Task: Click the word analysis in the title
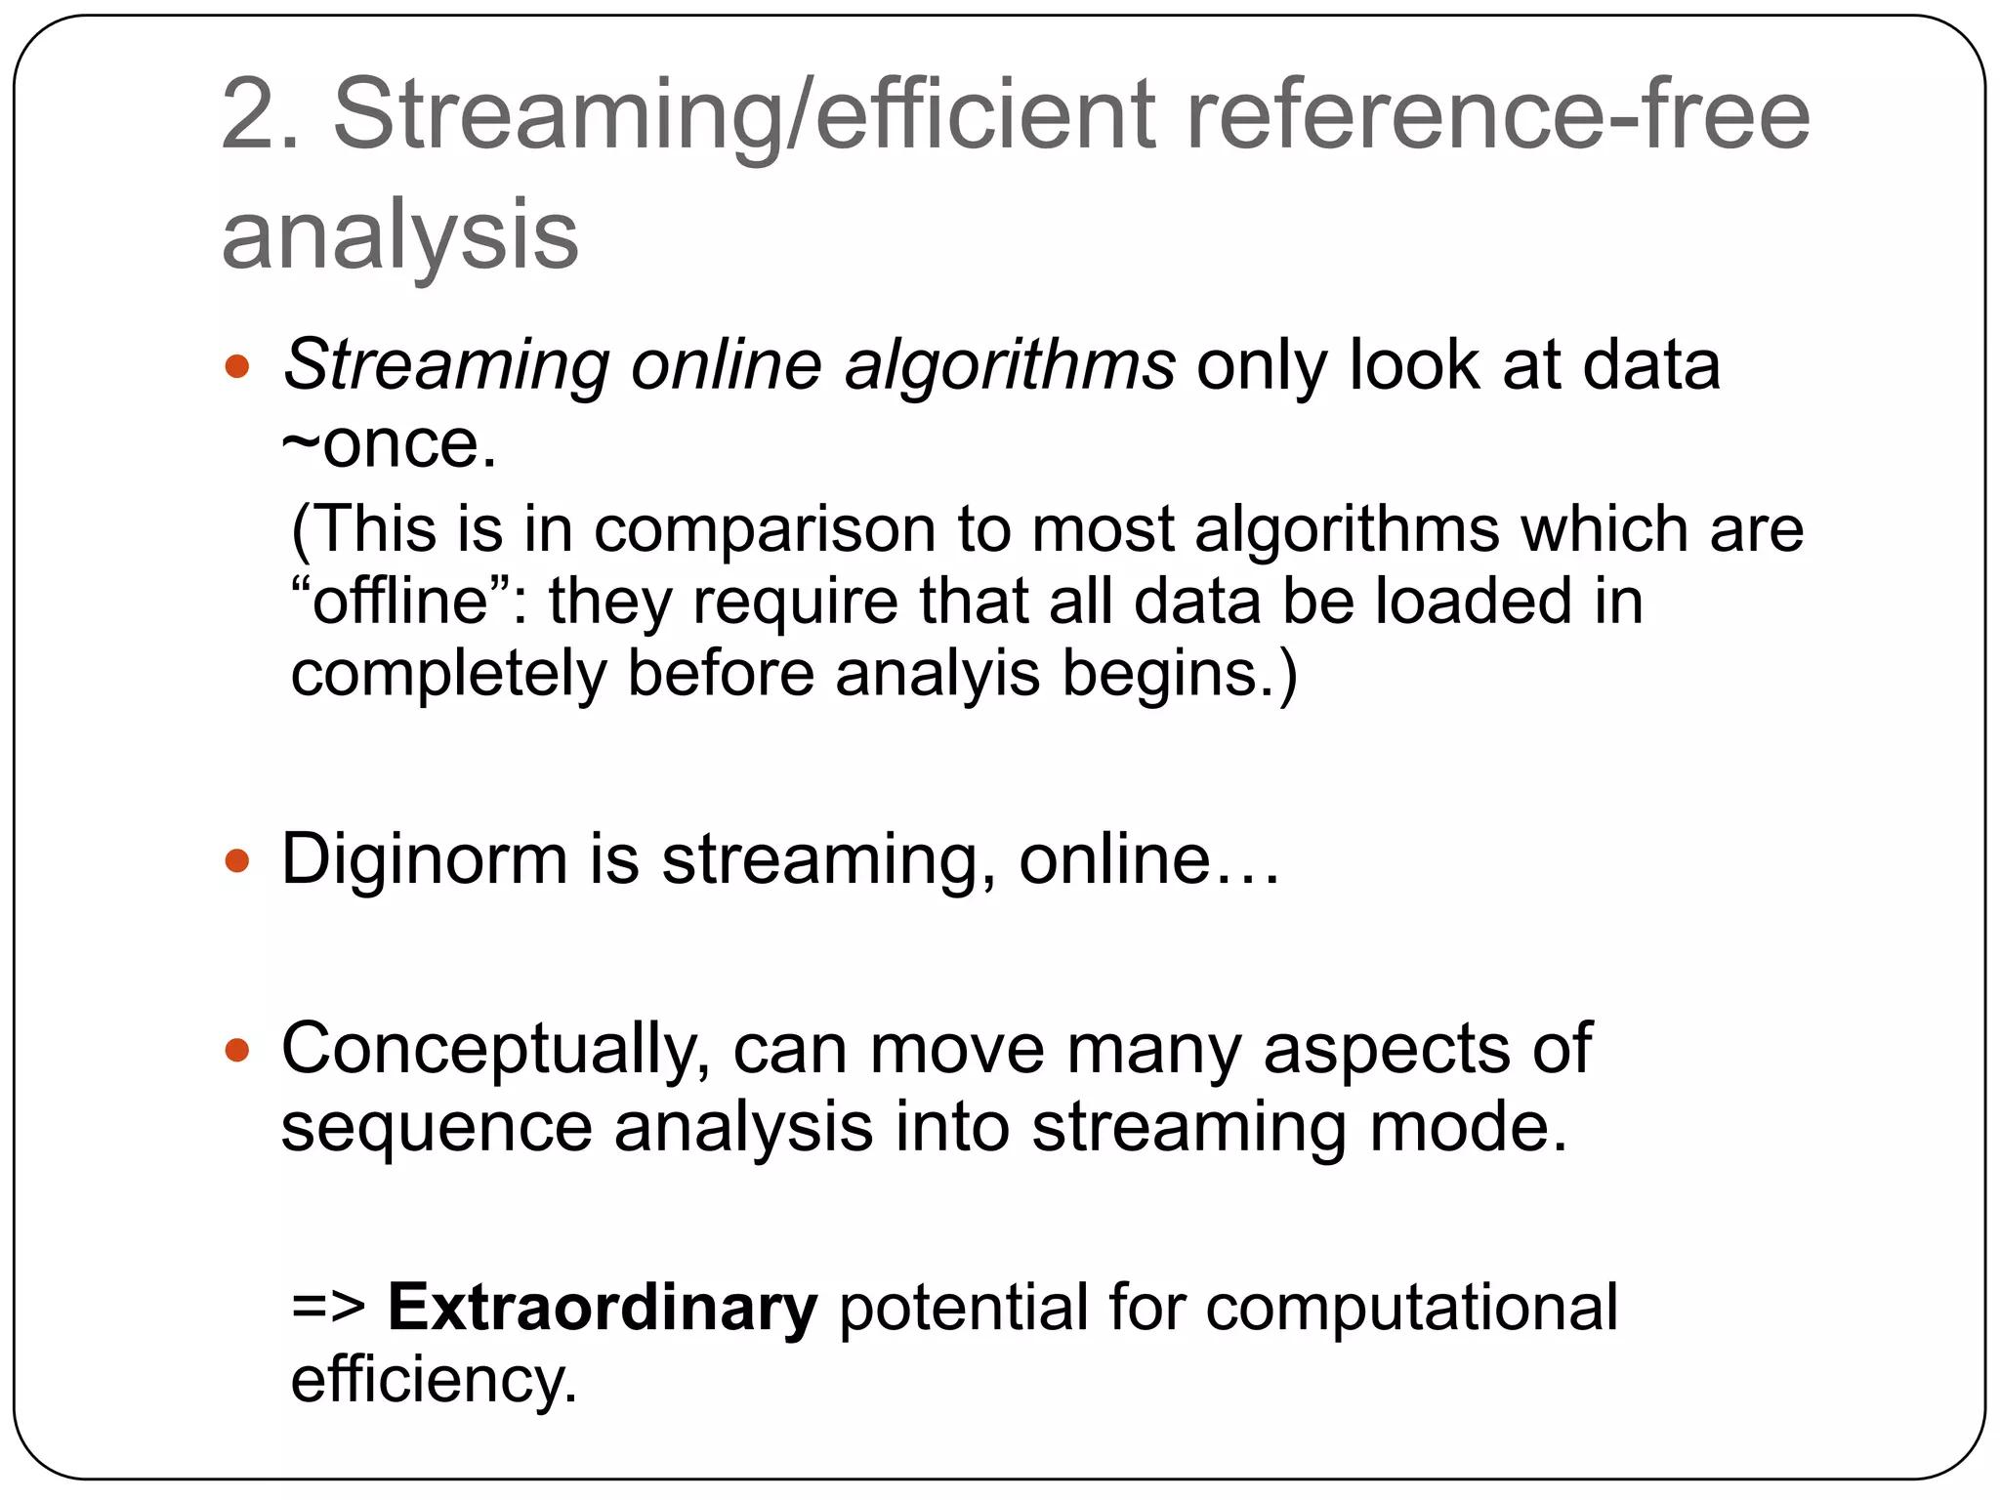pyautogui.click(x=400, y=234)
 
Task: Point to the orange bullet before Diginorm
pyautogui.click(x=237, y=861)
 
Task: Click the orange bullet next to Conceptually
pyautogui.click(x=237, y=1051)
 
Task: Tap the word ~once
pyautogui.click(x=389, y=444)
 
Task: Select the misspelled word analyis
pyautogui.click(x=937, y=674)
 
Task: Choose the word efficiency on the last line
pyautogui.click(x=434, y=1380)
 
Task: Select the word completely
pyautogui.click(x=449, y=674)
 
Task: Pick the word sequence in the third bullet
pyautogui.click(x=437, y=1128)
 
